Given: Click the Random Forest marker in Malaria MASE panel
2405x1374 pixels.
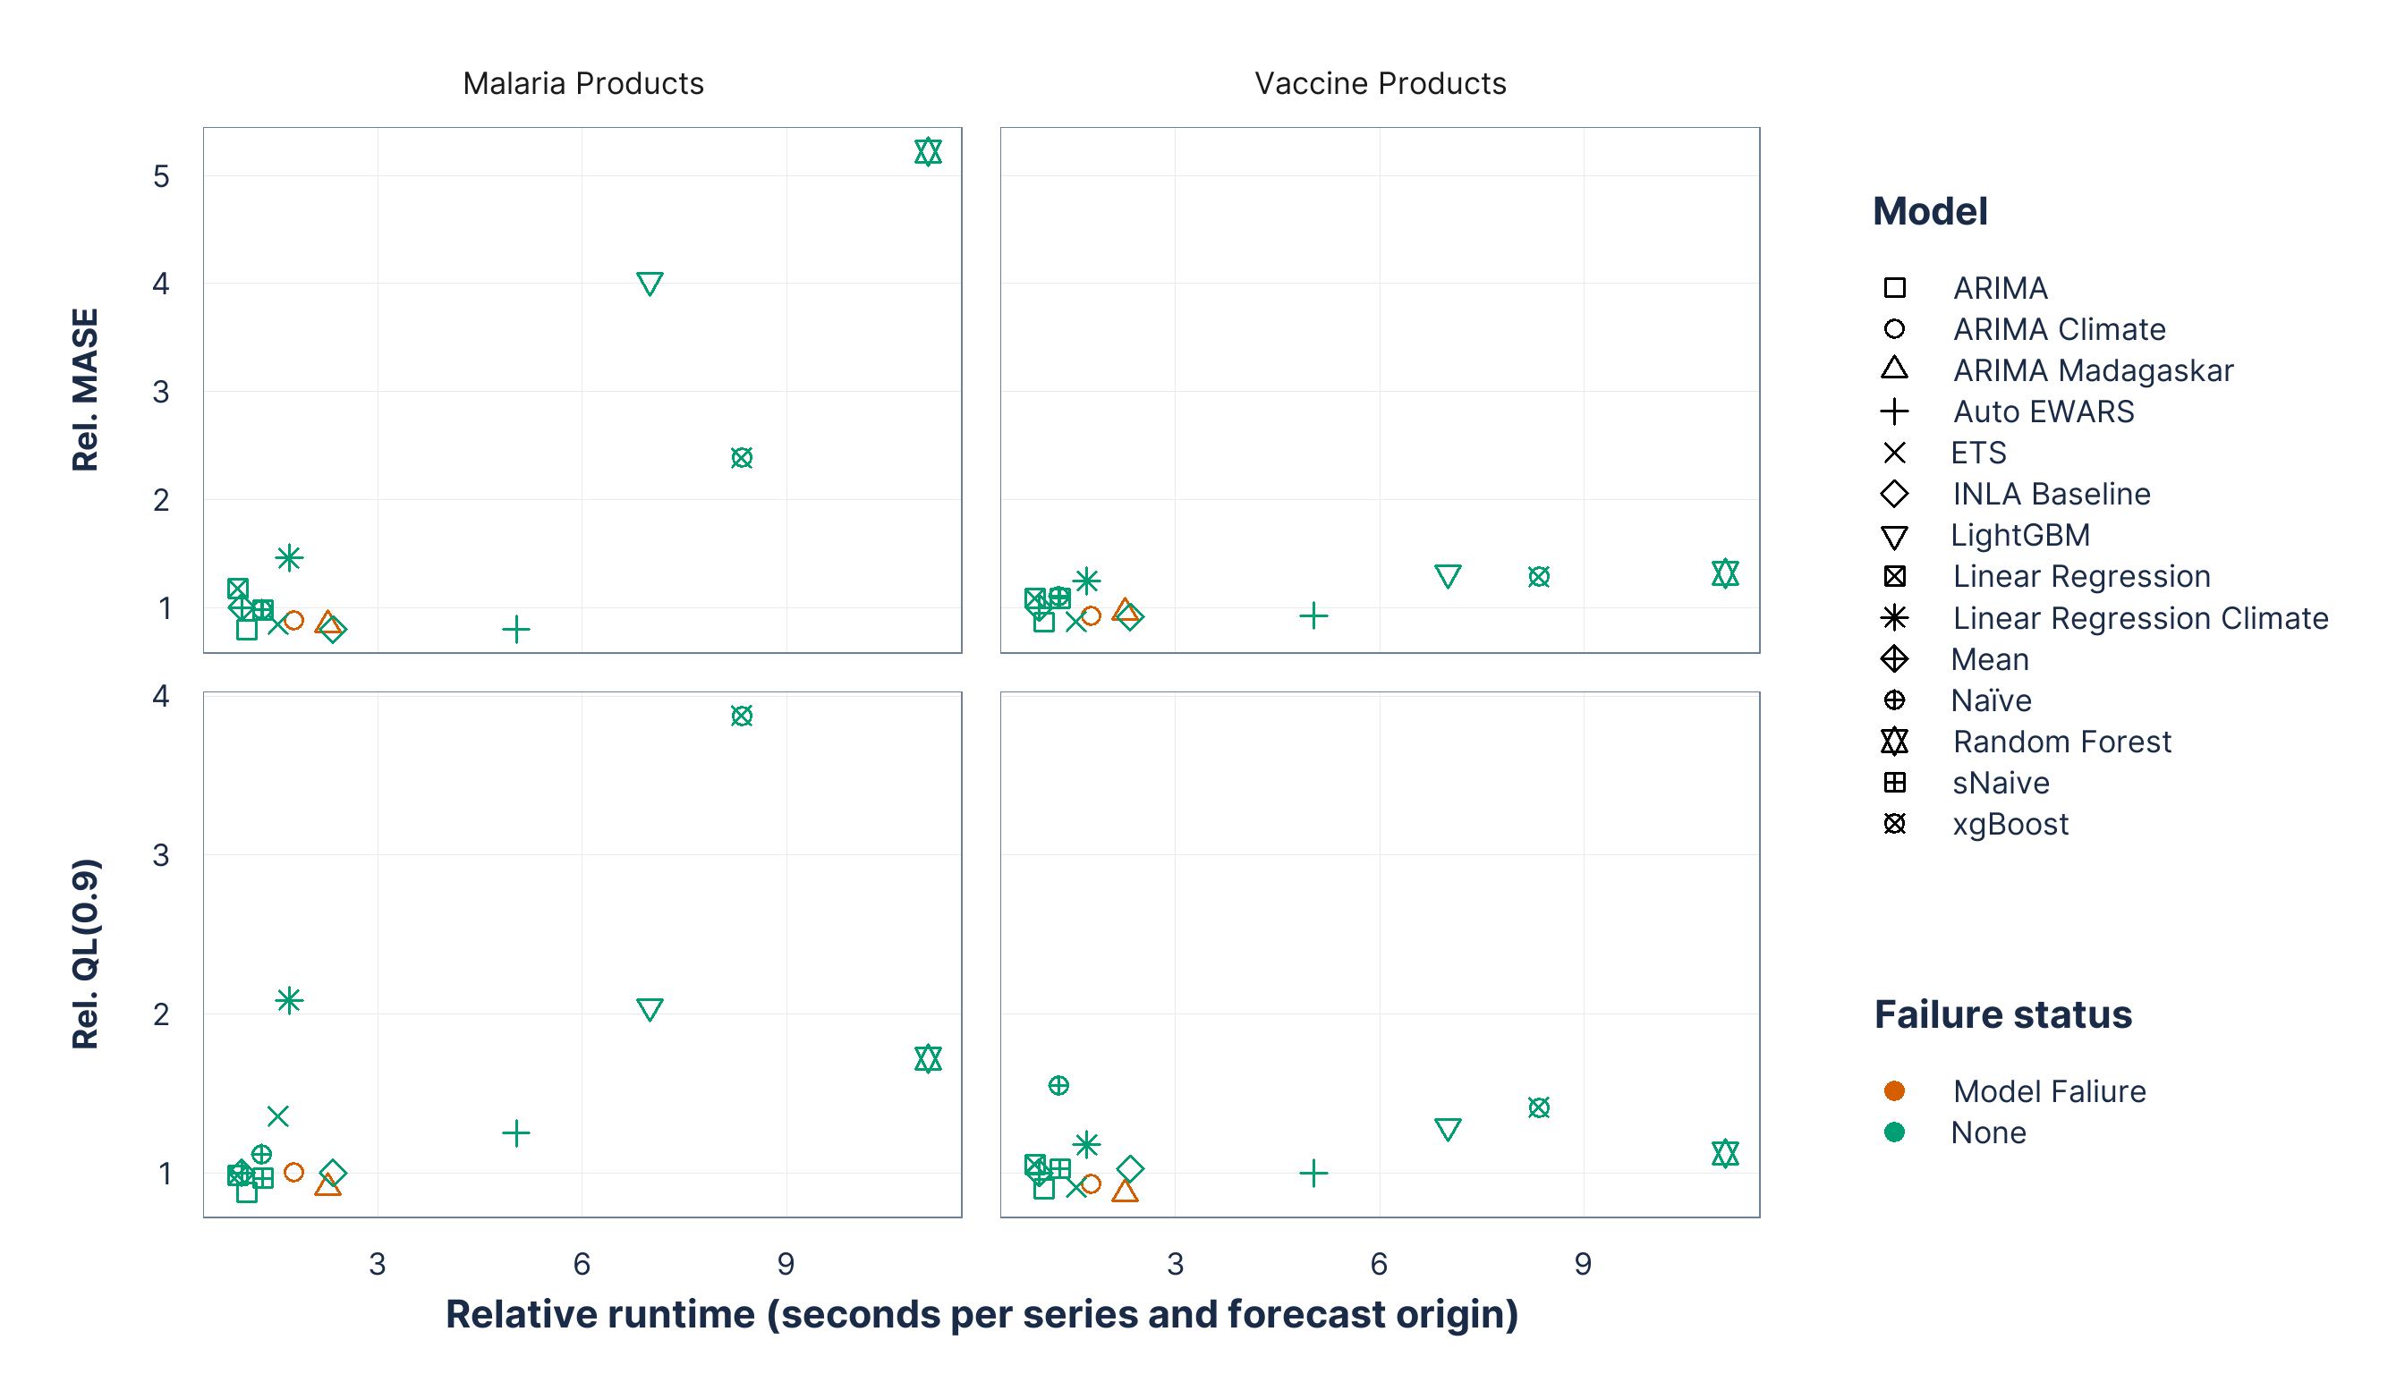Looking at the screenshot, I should coord(928,152).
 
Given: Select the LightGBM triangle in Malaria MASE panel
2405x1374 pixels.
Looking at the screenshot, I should coord(650,282).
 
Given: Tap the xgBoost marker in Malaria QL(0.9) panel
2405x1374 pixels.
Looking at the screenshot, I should coord(742,716).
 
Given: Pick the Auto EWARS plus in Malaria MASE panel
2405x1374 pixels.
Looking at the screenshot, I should coord(515,629).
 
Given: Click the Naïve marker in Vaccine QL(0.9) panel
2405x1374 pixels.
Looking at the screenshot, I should coord(1058,1085).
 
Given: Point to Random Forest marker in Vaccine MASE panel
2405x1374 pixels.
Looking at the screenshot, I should coord(1724,572).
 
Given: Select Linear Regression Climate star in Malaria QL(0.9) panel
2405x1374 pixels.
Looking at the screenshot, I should coord(289,999).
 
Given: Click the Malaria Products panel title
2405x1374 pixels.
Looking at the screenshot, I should coord(582,83).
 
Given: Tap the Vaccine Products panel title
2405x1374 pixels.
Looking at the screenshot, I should coord(1379,83).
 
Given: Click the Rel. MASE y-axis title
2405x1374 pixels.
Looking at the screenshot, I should coord(85,389).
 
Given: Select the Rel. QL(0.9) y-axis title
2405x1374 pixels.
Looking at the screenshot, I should coord(85,953).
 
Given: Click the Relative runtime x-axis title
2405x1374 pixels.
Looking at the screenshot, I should coord(982,1313).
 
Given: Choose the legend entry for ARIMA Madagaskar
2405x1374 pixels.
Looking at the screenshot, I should coord(2092,370).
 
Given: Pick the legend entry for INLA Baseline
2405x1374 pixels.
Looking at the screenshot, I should coord(2050,494).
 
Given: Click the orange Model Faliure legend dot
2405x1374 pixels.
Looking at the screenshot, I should coord(1893,1091).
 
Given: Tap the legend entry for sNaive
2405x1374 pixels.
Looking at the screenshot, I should coord(2000,783).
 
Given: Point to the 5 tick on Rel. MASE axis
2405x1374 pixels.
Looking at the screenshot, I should coord(161,176).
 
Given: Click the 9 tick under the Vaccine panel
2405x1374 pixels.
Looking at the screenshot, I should coord(1583,1264).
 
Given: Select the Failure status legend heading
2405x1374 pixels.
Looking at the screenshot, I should coord(2002,1014).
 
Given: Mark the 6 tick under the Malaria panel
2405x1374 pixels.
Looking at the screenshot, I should coord(582,1264).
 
